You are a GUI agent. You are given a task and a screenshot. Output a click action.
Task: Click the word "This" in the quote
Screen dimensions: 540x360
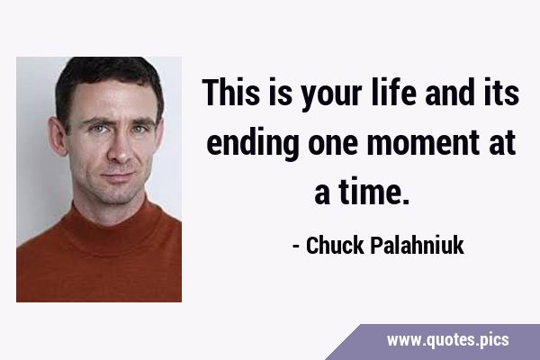point(230,92)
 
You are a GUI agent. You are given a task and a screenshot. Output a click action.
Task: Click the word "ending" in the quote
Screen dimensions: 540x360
point(252,145)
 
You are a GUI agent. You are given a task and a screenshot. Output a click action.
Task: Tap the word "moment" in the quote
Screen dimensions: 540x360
point(423,143)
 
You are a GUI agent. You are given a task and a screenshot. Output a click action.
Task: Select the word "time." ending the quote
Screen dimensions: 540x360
point(374,192)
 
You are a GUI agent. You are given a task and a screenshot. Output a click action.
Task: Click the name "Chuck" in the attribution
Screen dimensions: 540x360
point(335,246)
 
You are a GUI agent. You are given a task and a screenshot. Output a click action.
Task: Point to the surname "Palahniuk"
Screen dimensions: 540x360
point(417,246)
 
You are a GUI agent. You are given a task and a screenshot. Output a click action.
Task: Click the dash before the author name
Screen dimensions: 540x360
point(295,247)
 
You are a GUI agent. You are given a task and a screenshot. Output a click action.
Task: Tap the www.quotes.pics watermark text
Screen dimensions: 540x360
point(447,339)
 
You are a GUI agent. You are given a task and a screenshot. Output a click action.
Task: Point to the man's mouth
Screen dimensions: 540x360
point(118,176)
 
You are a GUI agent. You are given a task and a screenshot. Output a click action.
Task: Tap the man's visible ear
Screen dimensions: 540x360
point(57,136)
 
